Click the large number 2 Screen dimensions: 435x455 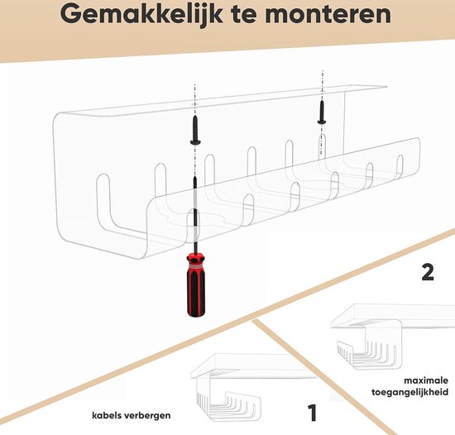point(427,272)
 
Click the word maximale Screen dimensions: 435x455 point(424,381)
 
